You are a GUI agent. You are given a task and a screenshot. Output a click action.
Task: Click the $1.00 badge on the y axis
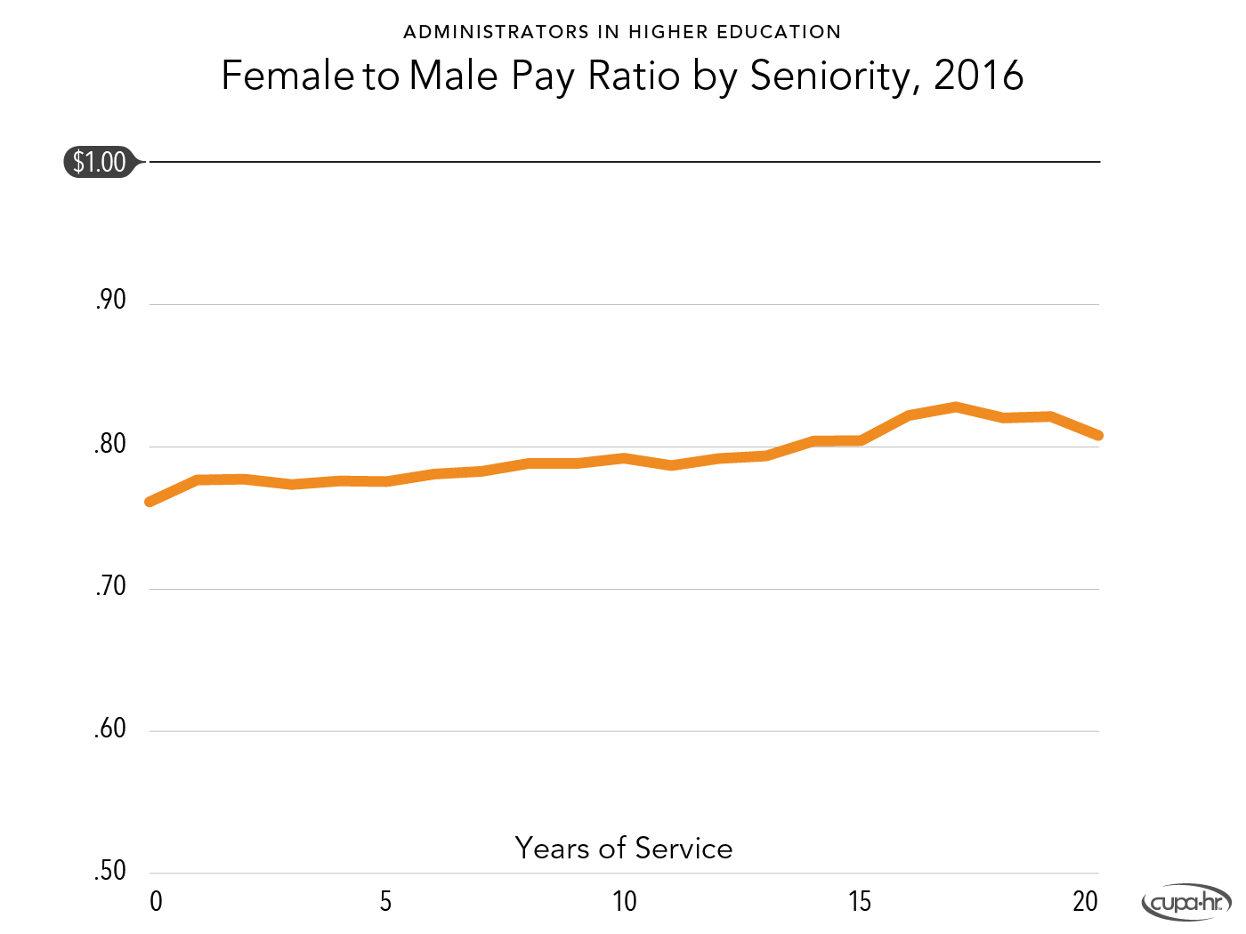99,162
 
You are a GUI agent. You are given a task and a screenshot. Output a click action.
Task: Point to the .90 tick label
110,301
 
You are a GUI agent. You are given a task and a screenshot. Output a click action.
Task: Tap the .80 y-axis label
110,444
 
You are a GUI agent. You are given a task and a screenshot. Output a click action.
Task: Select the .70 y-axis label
110,586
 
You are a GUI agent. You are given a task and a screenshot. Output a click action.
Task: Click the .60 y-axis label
110,729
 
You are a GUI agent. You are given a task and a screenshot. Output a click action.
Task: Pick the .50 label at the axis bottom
110,871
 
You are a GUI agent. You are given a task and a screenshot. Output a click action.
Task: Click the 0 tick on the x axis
156,902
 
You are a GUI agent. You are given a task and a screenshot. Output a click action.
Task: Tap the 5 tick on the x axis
385,902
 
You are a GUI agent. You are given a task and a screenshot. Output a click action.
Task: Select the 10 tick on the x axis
625,902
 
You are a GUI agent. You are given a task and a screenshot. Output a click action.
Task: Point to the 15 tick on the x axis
860,902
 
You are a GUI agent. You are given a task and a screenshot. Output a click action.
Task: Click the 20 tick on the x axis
1085,902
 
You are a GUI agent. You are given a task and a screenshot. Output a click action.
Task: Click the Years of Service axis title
624,849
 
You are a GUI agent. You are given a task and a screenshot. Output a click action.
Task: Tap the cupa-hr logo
1186,903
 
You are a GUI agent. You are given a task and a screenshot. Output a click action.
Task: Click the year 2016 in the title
979,76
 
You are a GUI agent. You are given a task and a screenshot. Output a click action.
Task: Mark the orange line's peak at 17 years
956,407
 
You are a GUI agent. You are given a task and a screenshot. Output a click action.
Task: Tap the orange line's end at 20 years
1098,435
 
